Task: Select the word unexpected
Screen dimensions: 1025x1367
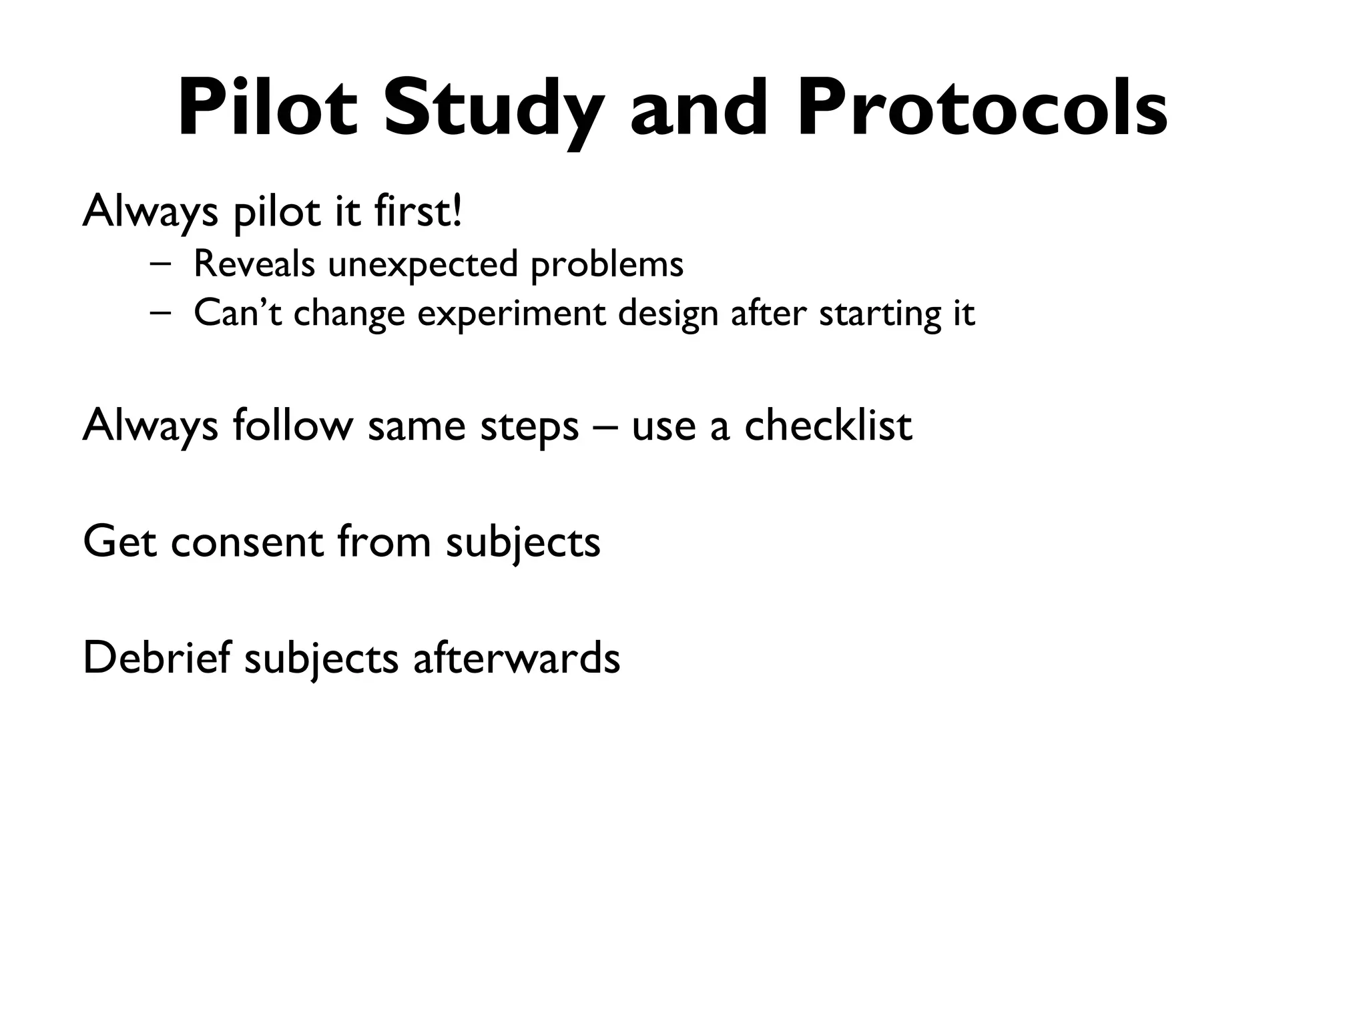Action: [423, 265]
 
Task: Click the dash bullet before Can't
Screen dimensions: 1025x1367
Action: [160, 312]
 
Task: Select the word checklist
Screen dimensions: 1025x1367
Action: [828, 425]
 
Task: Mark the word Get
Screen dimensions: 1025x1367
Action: [119, 542]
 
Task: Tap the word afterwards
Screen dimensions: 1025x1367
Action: [516, 657]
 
